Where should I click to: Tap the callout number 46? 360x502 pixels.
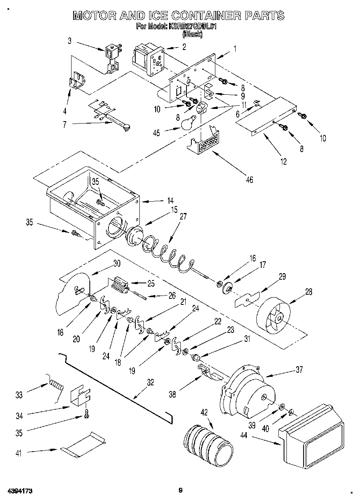249,179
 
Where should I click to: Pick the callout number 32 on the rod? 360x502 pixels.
150,382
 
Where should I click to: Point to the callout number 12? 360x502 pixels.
283,162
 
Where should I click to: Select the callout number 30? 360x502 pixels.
117,263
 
